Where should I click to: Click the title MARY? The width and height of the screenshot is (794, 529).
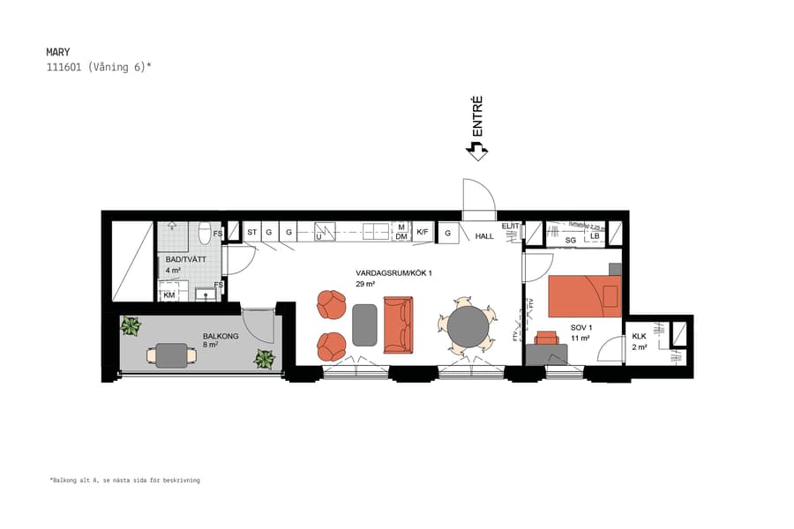(x=58, y=52)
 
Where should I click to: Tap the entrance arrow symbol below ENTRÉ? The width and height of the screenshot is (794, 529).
(x=477, y=152)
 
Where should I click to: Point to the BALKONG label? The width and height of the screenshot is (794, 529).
(x=220, y=336)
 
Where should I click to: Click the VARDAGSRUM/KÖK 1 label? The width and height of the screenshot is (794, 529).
(x=393, y=273)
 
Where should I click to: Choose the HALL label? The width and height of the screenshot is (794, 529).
(x=485, y=236)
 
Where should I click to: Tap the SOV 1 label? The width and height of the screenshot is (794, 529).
(x=581, y=327)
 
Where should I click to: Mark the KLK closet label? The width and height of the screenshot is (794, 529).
(x=640, y=336)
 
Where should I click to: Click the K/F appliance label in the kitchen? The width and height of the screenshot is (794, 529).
(x=423, y=233)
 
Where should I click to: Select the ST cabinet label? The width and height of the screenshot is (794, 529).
(x=251, y=233)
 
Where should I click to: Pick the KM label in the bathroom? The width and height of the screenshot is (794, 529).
(x=169, y=295)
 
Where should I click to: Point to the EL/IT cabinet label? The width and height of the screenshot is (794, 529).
(x=510, y=227)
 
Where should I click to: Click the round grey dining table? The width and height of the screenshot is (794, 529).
(x=468, y=326)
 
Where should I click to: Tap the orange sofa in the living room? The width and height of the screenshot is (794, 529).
(x=397, y=324)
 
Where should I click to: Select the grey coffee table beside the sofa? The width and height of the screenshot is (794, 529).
(x=364, y=324)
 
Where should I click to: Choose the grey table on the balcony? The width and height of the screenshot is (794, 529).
(x=172, y=354)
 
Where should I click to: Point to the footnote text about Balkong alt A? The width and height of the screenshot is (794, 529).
(x=124, y=481)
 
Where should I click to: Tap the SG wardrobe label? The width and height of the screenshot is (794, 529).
(x=571, y=239)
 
